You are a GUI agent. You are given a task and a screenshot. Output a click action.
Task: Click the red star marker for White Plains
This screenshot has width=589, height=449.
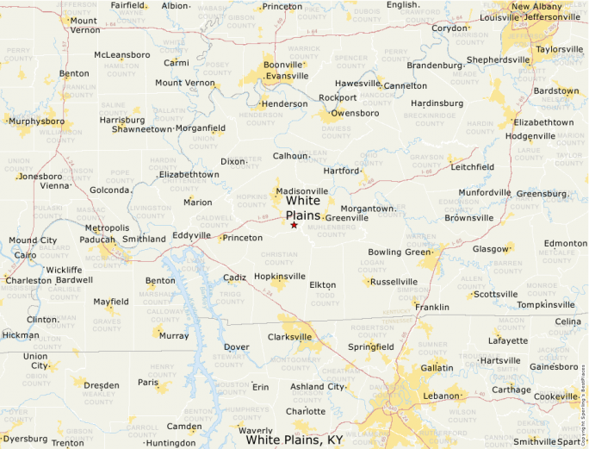pyautogui.click(x=294, y=225)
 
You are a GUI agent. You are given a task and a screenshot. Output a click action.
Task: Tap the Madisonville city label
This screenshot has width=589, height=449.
pyautogui.click(x=302, y=190)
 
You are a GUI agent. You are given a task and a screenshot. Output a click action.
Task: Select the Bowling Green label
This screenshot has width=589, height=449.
pyautogui.click(x=398, y=253)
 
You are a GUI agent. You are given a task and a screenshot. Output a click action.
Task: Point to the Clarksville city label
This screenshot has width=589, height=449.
pyautogui.click(x=289, y=337)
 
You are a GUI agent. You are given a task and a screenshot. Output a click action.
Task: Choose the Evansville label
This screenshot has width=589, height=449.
pyautogui.click(x=287, y=76)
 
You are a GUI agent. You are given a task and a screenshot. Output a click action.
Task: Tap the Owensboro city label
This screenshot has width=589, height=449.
pyautogui.click(x=356, y=113)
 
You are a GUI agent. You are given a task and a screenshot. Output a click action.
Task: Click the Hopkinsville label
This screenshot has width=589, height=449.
pyautogui.click(x=280, y=277)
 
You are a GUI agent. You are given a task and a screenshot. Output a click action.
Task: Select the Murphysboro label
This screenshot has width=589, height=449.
pyautogui.click(x=36, y=122)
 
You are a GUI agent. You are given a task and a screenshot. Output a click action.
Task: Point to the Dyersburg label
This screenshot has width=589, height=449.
pyautogui.click(x=25, y=439)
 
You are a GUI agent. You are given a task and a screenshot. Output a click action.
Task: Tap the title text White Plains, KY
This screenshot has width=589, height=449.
pyautogui.click(x=294, y=440)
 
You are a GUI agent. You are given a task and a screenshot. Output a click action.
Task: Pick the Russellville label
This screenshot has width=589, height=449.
pyautogui.click(x=394, y=281)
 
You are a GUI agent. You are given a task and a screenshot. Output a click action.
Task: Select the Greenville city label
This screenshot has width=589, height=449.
pyautogui.click(x=347, y=218)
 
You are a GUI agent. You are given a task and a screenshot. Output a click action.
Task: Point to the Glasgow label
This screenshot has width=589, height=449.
pyautogui.click(x=491, y=249)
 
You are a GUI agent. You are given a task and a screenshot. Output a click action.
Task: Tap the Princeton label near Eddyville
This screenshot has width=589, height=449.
pyautogui.click(x=242, y=237)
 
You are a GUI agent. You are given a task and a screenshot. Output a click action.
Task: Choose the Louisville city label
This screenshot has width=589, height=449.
pyautogui.click(x=500, y=17)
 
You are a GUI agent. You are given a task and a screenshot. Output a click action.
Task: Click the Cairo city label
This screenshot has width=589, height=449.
pyautogui.click(x=25, y=255)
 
